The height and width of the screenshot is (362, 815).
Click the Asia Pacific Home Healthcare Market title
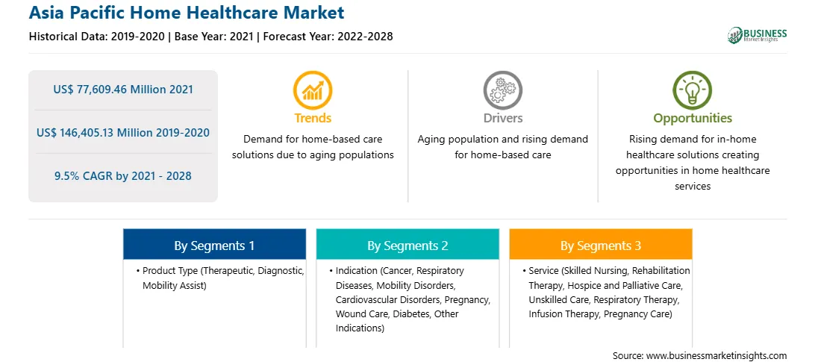tap(186, 13)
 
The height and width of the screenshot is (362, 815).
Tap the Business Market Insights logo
tap(757, 35)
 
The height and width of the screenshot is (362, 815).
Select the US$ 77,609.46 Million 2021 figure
tap(123, 90)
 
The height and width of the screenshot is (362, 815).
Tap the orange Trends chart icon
tap(313, 90)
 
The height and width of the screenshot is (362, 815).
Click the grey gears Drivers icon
tap(502, 90)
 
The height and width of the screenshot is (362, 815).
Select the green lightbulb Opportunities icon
tap(693, 90)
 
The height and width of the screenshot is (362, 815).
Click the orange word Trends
tap(313, 118)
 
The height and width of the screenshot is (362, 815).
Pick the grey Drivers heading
tap(502, 118)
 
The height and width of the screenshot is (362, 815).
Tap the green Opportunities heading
tap(693, 118)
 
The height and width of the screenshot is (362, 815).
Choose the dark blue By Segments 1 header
tap(215, 245)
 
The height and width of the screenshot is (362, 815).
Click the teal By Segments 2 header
tap(407, 245)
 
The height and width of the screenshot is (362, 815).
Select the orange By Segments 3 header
tap(601, 245)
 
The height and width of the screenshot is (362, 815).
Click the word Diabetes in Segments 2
tap(413, 314)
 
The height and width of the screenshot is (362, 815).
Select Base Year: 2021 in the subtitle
tap(214, 37)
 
